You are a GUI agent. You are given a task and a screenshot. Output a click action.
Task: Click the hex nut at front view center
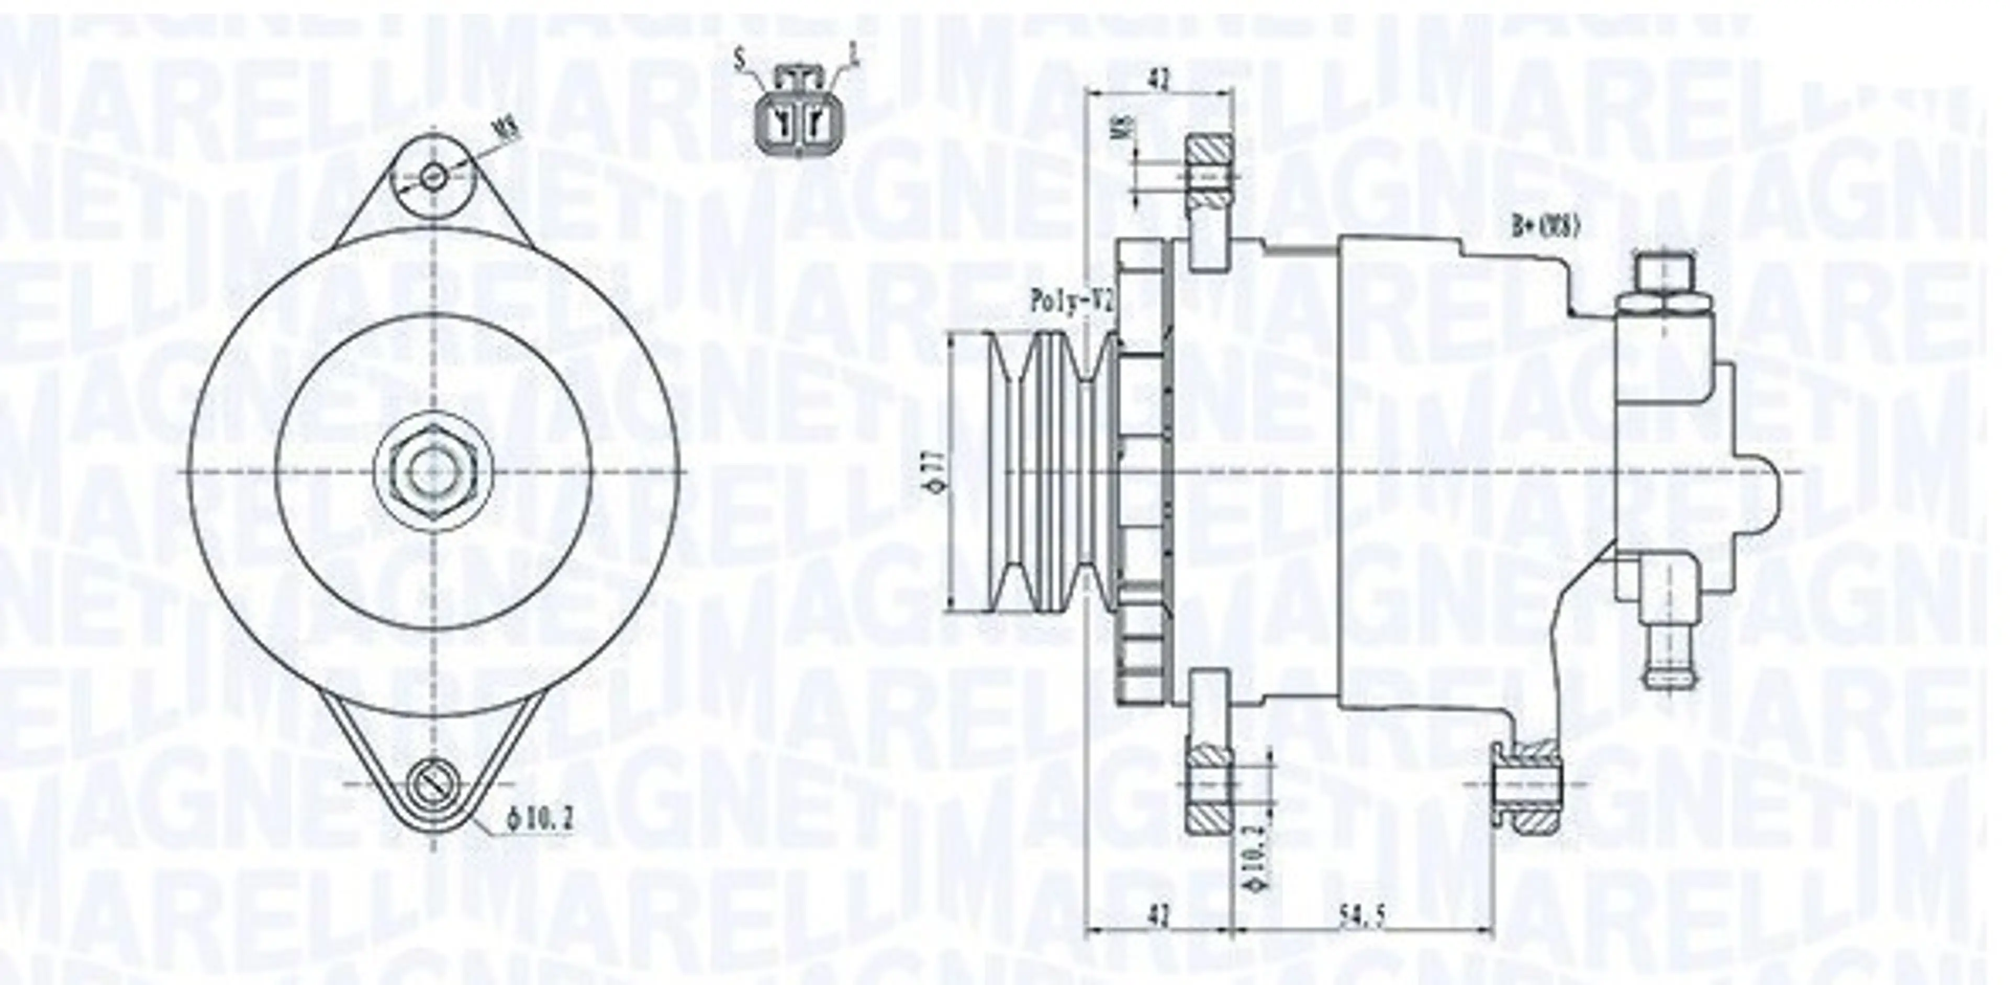point(433,473)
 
